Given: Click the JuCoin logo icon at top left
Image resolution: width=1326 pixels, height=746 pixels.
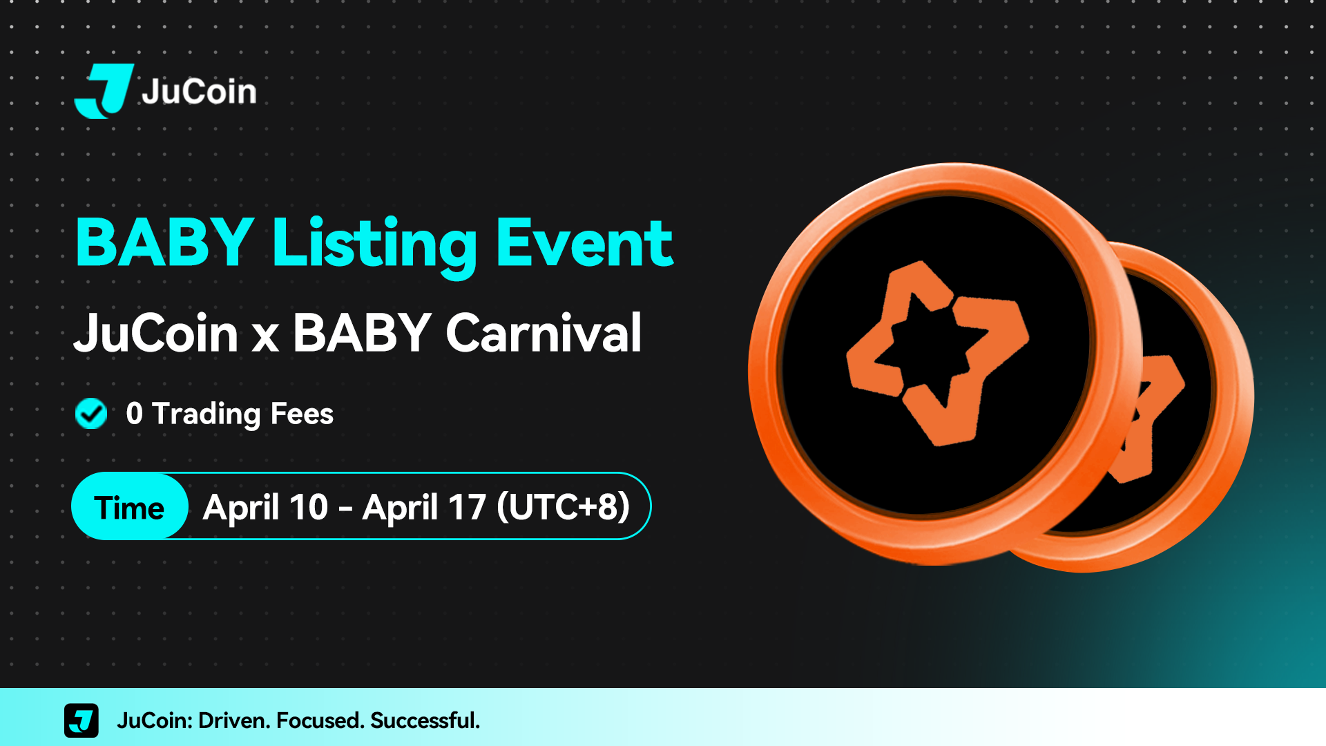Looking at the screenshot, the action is click(104, 91).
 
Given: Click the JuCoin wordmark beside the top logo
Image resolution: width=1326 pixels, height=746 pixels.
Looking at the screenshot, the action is click(199, 91).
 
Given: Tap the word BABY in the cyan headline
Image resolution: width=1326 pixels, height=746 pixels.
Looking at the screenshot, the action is click(165, 242).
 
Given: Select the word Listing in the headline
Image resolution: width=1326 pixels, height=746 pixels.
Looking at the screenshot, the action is click(374, 246).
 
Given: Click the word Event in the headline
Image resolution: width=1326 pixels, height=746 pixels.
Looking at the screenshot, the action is click(584, 242).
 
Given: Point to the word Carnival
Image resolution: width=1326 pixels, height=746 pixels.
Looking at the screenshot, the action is click(544, 333).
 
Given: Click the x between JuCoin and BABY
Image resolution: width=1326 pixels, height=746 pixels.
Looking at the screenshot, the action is click(265, 339).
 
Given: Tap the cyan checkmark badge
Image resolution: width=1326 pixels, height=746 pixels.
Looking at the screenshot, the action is click(91, 414).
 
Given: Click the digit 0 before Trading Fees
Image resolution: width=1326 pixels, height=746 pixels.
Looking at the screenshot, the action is click(134, 414).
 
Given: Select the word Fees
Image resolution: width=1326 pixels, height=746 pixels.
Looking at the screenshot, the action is click(302, 414).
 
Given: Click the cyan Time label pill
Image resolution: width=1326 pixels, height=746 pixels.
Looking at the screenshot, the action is click(130, 506).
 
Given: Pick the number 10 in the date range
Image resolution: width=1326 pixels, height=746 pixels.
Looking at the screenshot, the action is click(309, 507).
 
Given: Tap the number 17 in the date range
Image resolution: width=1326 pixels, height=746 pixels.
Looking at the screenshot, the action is click(468, 507).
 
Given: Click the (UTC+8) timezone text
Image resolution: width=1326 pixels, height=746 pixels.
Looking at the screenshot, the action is click(563, 507).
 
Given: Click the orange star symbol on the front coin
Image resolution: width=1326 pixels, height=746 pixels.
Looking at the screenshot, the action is click(937, 352).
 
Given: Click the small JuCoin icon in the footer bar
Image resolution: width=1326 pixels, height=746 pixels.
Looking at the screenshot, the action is click(81, 720).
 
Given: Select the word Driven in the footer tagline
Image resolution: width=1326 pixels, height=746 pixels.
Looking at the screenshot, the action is click(234, 720).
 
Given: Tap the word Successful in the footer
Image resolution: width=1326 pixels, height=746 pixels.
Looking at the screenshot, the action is click(425, 720).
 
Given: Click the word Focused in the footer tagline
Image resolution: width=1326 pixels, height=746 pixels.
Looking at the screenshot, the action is click(320, 720).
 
